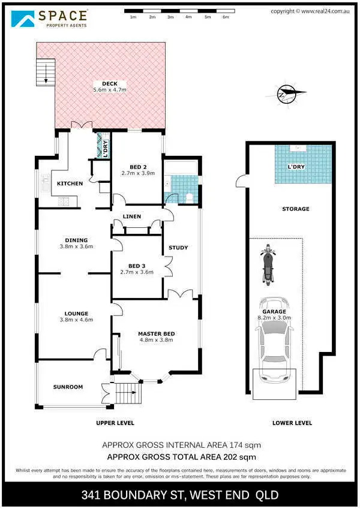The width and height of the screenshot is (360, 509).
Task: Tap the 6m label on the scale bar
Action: point(226,17)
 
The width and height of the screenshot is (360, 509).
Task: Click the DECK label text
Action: point(109,83)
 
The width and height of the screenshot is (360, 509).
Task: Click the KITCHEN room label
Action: point(70,183)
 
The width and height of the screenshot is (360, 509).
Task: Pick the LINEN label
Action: point(131,216)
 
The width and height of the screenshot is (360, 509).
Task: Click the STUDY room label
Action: point(178,247)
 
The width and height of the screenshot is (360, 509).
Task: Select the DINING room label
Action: point(76,240)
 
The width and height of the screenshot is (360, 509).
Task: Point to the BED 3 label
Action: point(137,266)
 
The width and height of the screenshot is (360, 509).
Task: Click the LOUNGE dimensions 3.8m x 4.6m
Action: point(76,320)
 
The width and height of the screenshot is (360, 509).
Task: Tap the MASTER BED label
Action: point(155,333)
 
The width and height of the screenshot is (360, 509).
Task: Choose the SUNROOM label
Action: point(68,387)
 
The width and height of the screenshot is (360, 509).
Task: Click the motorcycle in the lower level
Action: point(268,264)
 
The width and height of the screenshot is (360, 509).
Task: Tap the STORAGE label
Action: point(296,209)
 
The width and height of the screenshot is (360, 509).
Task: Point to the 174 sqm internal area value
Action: point(248,445)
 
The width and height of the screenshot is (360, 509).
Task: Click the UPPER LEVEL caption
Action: point(115,423)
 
